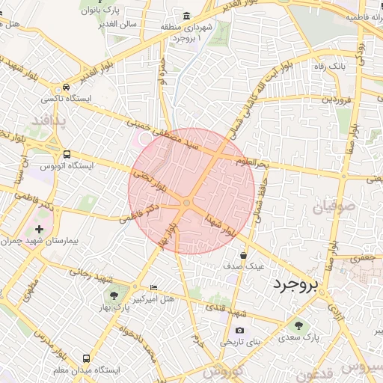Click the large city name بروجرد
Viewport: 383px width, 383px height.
point(295,284)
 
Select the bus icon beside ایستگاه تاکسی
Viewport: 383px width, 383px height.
point(67,87)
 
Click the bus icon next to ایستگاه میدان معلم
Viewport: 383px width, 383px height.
point(67,358)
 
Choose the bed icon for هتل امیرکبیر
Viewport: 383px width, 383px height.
point(153,288)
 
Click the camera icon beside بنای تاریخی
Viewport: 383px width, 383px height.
point(239,330)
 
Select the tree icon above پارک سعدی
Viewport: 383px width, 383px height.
point(300,325)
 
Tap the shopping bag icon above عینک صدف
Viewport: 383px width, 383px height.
point(244,255)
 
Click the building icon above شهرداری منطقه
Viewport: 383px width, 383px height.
point(186,16)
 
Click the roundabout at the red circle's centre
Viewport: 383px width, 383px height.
point(186,201)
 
